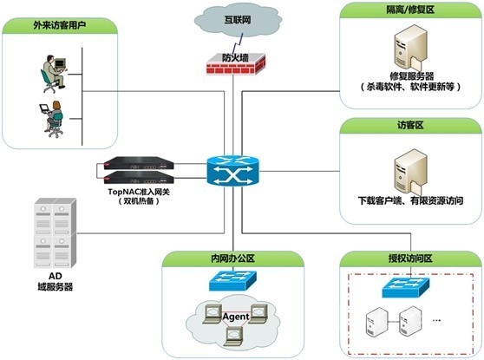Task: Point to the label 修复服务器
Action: pyautogui.click(x=407, y=76)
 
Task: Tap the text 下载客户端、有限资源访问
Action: pyautogui.click(x=409, y=200)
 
